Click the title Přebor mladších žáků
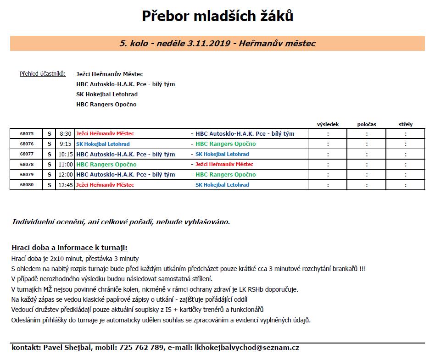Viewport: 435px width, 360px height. pos(217,17)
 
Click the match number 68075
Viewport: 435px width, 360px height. pos(27,134)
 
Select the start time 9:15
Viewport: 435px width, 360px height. pos(66,144)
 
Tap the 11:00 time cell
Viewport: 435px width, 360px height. pos(66,164)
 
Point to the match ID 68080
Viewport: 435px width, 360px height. pos(27,185)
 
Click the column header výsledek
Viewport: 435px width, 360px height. pos(328,124)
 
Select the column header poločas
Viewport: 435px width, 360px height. pos(367,124)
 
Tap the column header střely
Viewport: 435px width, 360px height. pos(406,124)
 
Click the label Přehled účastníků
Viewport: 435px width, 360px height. pos(43,74)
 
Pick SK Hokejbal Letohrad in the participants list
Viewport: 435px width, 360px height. pos(107,94)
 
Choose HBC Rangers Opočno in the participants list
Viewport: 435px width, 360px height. pos(106,105)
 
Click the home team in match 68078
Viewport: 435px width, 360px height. pos(106,164)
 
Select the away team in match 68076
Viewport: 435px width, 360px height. pos(225,144)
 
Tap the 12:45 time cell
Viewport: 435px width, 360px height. pos(66,185)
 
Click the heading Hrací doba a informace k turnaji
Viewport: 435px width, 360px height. pos(69,248)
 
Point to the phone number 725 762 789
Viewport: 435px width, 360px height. pos(141,348)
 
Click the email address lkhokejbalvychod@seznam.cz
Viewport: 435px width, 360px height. pos(247,348)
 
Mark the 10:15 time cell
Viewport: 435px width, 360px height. pos(66,154)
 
